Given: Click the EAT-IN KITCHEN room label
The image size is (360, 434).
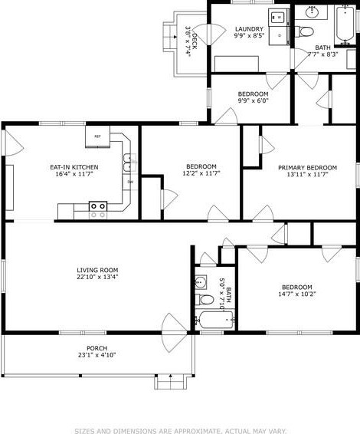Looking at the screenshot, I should pyautogui.click(x=74, y=166).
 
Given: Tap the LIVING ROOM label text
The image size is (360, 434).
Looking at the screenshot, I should pyautogui.click(x=97, y=269).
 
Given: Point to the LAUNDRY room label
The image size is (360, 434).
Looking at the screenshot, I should pyautogui.click(x=249, y=29).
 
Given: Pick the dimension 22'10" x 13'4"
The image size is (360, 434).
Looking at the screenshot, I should pyautogui.click(x=97, y=278).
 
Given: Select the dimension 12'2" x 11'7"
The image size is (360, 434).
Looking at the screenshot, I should pyautogui.click(x=201, y=176).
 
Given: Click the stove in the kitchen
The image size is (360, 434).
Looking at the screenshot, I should pyautogui.click(x=98, y=205).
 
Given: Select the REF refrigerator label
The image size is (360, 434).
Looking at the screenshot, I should pyautogui.click(x=97, y=136).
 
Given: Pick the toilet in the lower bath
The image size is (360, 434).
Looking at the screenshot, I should pyautogui.click(x=203, y=298).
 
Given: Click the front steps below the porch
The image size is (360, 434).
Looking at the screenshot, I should pyautogui.click(x=169, y=381).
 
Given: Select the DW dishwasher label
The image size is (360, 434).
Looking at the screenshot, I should pyautogui.click(x=130, y=182).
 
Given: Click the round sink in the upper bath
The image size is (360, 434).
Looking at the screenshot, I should pyautogui.click(x=313, y=12).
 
